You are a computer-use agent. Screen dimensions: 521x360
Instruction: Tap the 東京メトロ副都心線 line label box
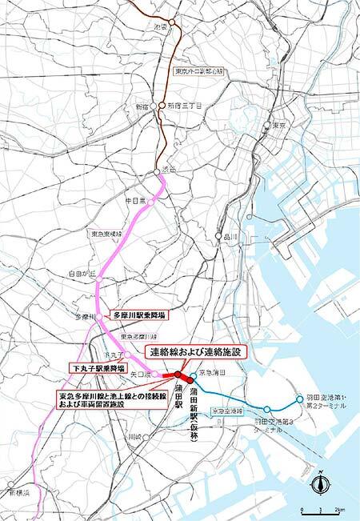point(201,72)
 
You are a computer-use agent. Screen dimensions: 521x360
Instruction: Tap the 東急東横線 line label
point(105,233)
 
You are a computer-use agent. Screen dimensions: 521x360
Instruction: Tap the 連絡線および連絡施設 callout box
point(197,351)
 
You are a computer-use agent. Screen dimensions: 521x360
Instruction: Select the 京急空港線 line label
point(226,410)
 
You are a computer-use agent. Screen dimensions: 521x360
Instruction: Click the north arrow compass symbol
point(320,483)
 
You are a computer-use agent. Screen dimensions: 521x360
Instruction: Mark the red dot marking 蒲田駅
point(177,374)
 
